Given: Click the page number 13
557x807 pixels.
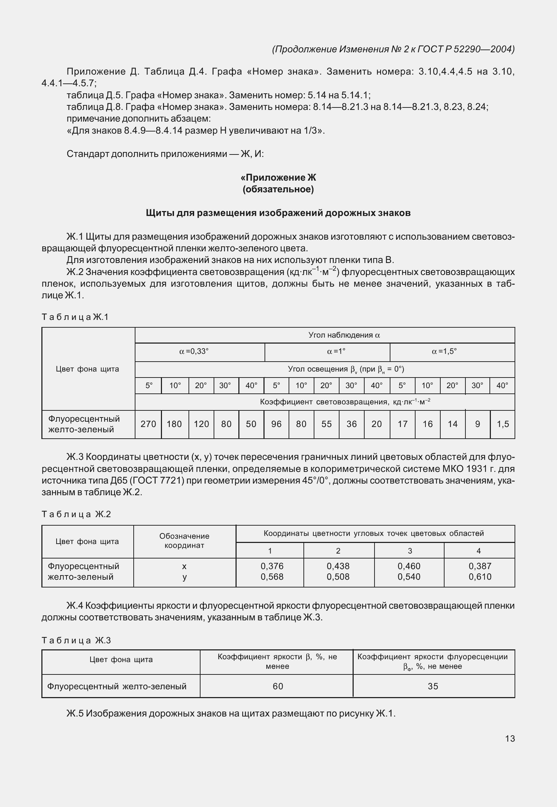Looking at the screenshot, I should click(x=510, y=738).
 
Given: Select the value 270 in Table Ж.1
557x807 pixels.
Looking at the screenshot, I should click(x=148, y=424).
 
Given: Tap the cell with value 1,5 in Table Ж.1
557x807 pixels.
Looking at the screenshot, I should click(x=503, y=424).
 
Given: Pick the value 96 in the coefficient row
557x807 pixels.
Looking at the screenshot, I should click(x=276, y=424).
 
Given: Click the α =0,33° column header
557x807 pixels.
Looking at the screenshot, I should click(x=194, y=351).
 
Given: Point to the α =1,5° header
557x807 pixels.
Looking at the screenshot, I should click(x=445, y=351).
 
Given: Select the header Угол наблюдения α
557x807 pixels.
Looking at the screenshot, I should click(x=344, y=335).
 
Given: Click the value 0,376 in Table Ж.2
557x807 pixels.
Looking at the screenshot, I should click(x=272, y=566).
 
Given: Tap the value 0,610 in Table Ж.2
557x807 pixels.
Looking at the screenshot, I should click(x=480, y=577).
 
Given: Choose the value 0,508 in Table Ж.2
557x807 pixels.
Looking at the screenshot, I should click(x=338, y=577).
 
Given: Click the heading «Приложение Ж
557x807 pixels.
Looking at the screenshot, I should click(x=278, y=177).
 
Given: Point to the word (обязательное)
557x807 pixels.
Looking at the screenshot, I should click(x=278, y=189).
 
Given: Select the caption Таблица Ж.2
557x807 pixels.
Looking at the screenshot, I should click(x=76, y=514).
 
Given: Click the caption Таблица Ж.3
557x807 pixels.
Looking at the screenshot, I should click(x=76, y=640).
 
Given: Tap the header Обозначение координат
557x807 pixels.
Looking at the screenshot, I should click(x=184, y=540).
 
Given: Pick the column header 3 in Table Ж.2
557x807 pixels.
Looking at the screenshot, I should click(x=410, y=550).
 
